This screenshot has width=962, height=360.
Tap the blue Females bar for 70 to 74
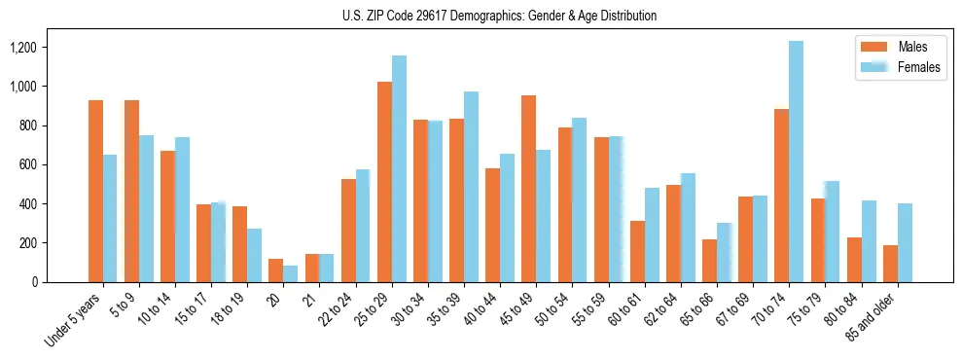[x=796, y=162]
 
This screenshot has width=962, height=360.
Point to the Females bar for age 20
[x=291, y=273]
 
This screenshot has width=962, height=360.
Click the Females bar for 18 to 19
[x=254, y=255]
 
